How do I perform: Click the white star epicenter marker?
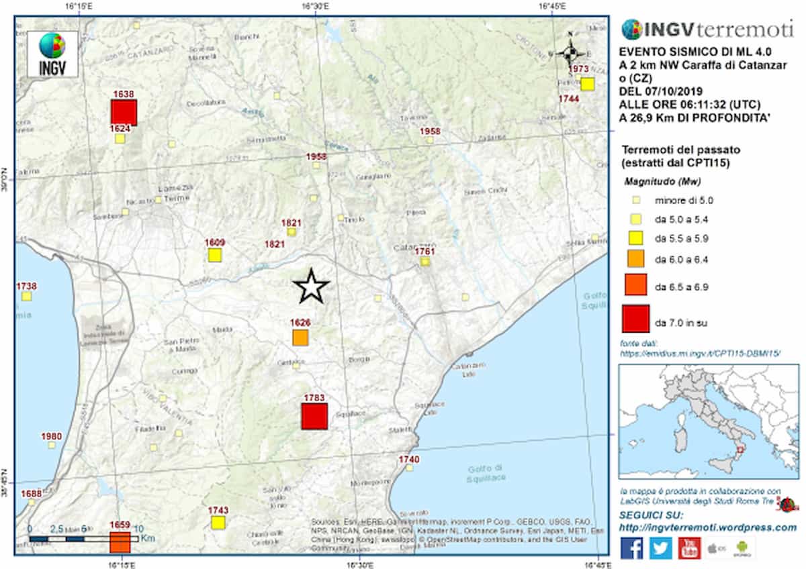click(312, 287)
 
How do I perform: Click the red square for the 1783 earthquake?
click(314, 416)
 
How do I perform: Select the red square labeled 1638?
click(124, 112)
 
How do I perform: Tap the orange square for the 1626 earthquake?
click(300, 338)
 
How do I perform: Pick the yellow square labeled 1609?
click(214, 255)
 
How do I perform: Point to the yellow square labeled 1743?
click(217, 523)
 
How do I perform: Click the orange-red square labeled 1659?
click(120, 541)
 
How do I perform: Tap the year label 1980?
click(52, 437)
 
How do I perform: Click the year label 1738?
click(26, 287)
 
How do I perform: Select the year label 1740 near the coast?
click(408, 459)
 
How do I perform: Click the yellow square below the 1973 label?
click(588, 84)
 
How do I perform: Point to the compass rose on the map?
click(570, 52)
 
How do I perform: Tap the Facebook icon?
click(631, 548)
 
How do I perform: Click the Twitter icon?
click(661, 548)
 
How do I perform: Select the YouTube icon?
click(690, 548)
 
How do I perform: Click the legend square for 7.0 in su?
click(635, 318)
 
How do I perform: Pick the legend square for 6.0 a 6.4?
click(635, 256)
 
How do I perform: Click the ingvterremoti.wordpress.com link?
click(707, 527)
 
